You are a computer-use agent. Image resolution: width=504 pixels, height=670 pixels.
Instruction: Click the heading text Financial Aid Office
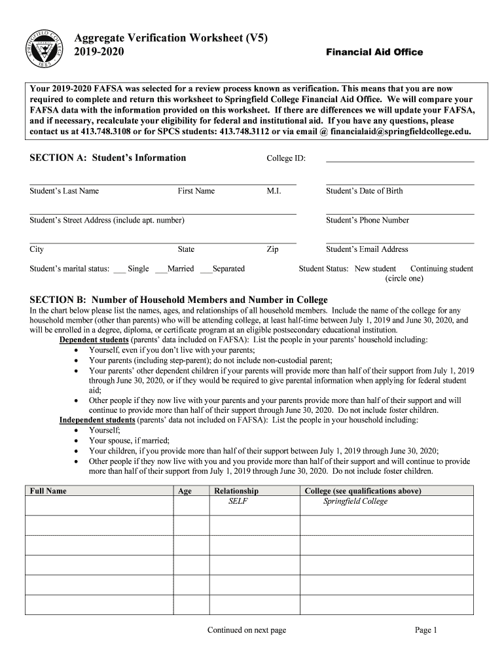(x=374, y=52)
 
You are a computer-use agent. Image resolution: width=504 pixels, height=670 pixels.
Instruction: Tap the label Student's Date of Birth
(x=364, y=191)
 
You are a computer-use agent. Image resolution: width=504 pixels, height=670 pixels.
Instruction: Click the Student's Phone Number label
(x=367, y=220)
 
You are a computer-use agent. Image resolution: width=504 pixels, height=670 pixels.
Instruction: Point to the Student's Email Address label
(x=367, y=249)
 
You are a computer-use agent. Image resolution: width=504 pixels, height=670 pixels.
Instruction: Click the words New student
(x=375, y=269)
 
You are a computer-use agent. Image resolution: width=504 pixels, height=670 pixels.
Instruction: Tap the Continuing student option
(x=441, y=269)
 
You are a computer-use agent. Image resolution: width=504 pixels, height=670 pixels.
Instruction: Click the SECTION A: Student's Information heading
(x=108, y=158)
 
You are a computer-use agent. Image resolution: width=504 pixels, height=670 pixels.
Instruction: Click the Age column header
(x=185, y=491)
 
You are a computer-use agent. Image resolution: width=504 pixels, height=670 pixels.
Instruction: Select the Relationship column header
(x=236, y=491)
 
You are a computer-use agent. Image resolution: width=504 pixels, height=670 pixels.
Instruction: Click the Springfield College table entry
(x=355, y=502)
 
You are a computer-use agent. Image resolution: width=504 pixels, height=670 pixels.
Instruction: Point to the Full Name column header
(x=48, y=491)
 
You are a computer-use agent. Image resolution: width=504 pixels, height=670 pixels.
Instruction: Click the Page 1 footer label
(x=425, y=630)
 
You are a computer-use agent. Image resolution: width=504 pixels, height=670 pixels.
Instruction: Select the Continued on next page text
(x=246, y=630)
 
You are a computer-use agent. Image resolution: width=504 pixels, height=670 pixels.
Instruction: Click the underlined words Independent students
(x=97, y=420)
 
